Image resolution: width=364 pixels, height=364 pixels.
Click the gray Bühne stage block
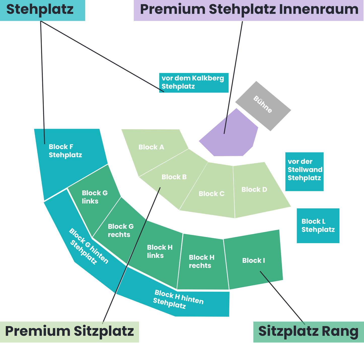click(263, 106)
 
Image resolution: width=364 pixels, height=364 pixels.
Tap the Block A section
click(151, 147)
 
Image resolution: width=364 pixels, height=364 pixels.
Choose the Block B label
click(174, 177)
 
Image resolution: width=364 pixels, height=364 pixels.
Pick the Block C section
click(211, 194)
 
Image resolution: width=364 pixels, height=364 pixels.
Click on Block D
click(254, 189)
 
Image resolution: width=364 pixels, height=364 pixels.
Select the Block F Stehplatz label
click(65, 151)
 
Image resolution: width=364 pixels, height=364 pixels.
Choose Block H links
click(159, 251)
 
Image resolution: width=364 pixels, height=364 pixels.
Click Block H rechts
click(202, 261)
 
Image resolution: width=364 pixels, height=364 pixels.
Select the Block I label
click(253, 260)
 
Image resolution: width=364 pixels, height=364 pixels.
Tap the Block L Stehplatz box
click(318, 225)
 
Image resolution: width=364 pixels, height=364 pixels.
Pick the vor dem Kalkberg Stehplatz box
click(193, 83)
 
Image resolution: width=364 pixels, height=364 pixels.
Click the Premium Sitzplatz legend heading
click(69, 332)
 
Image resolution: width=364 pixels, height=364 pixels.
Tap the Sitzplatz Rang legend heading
click(308, 332)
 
